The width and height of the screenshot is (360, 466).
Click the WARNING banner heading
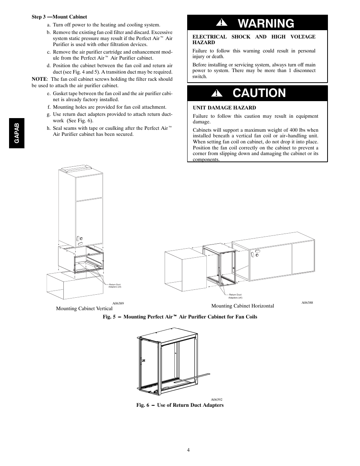pyautogui.click(x=266, y=23)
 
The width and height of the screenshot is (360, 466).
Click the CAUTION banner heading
pyautogui.click(x=259, y=93)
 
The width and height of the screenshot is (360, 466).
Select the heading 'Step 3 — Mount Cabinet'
pyautogui.click(x=59, y=17)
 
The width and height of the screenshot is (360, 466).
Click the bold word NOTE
pyautogui.click(x=39, y=79)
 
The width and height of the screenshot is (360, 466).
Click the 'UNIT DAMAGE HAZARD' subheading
pyautogui.click(x=224, y=108)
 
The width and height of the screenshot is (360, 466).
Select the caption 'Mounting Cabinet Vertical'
pyautogui.click(x=84, y=309)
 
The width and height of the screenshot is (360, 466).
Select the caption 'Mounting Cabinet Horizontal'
pyautogui.click(x=242, y=306)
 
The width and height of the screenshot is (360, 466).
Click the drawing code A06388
pyautogui.click(x=307, y=303)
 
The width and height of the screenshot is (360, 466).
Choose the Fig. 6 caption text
pyautogui.click(x=180, y=405)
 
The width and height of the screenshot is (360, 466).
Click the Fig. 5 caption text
pyautogui.click(x=180, y=317)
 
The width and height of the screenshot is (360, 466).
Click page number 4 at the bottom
pyautogui.click(x=188, y=450)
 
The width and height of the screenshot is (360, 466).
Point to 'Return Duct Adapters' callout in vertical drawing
pyautogui.click(x=115, y=286)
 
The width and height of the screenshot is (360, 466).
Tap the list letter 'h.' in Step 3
pyautogui.click(x=49, y=128)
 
